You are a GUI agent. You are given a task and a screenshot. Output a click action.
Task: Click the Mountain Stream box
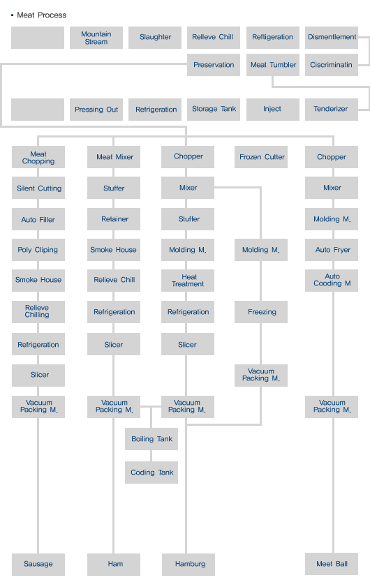pos(96,38)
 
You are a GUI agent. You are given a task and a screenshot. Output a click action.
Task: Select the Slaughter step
pos(155,38)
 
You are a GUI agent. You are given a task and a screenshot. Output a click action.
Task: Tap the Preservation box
pos(214,65)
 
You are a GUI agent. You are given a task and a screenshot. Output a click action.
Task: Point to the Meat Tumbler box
pos(273,65)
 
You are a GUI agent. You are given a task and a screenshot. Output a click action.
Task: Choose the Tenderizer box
pos(332,110)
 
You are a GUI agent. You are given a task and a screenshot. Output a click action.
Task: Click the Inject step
pos(273,110)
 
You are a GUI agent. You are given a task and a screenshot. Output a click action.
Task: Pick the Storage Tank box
pos(214,110)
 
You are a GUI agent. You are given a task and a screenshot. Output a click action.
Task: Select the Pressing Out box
pos(96,110)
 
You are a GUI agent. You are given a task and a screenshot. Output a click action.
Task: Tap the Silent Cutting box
pos(38,188)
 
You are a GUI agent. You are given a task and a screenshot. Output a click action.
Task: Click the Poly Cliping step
pos(38,250)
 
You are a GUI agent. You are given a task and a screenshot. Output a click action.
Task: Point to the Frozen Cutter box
pos(261,157)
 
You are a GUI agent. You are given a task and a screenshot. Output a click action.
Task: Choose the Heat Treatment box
pos(188,281)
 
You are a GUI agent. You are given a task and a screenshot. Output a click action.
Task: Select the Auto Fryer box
pos(332,250)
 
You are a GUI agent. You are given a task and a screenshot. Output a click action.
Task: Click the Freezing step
pos(261,312)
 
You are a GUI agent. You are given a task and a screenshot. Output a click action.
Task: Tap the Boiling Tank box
pos(151,439)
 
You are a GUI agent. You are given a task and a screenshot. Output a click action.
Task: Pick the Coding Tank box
pos(151,473)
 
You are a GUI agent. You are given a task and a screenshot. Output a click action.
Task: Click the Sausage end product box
pos(38,565)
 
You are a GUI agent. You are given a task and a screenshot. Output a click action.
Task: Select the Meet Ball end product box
pos(332,564)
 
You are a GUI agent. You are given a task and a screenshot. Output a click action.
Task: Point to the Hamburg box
pos(188,565)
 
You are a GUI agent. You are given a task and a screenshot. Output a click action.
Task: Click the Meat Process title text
pos(42,15)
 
